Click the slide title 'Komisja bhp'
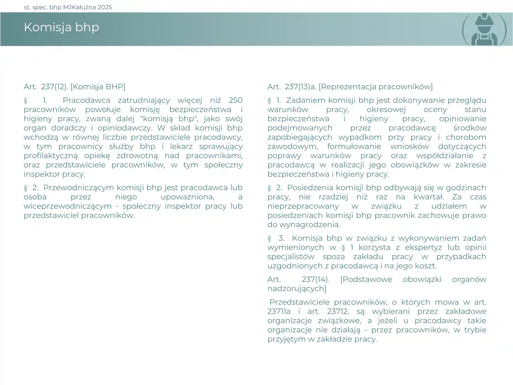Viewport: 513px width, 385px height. click(x=61, y=27)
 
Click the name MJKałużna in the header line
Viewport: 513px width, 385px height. click(x=79, y=7)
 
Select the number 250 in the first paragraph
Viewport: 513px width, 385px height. click(x=235, y=100)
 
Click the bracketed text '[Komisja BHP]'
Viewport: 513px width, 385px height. click(x=98, y=87)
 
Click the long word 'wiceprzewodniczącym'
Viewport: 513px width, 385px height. click(x=68, y=206)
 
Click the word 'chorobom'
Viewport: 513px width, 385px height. click(x=466, y=137)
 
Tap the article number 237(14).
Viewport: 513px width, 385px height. click(x=315, y=280)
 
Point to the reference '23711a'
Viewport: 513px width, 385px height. click(x=279, y=312)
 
